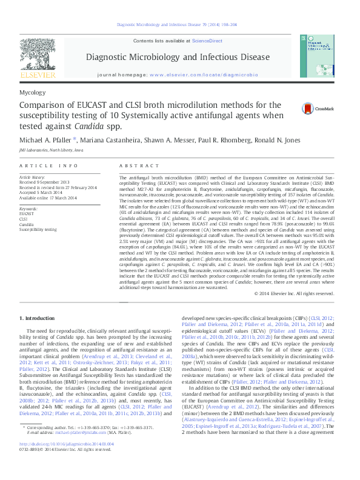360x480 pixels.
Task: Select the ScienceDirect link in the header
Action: [207, 41]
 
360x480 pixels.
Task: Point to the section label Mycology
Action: [33, 93]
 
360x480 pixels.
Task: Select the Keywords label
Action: [29, 208]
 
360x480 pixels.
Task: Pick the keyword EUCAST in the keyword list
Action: [27, 214]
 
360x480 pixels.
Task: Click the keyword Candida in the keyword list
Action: [27, 224]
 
